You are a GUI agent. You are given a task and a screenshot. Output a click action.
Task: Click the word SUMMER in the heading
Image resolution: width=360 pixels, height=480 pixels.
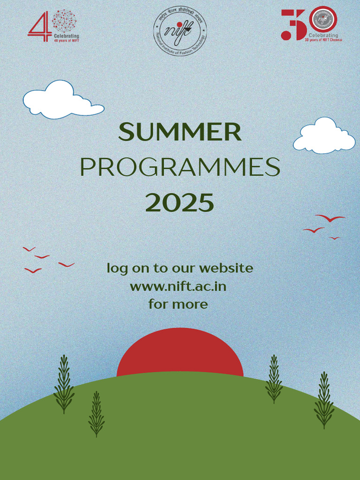coord(180,132)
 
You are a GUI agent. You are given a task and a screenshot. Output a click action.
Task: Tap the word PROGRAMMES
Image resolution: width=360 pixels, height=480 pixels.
coord(180,167)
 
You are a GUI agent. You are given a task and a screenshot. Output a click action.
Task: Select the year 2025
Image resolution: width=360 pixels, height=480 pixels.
coord(180,202)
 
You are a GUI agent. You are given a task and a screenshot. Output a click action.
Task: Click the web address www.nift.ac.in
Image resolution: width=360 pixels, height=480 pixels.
coord(178,286)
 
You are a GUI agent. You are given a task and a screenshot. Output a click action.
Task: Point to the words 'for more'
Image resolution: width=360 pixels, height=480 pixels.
coord(178,304)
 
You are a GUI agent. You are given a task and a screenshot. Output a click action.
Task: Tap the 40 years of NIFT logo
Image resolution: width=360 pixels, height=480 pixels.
coord(52,26)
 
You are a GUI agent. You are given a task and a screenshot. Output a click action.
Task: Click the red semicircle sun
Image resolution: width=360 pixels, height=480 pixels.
coord(180,352)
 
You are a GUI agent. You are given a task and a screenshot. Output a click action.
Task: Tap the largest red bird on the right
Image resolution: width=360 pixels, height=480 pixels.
coord(330,218)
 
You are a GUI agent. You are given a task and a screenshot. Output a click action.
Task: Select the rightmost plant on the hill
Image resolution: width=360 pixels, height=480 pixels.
coord(323,400)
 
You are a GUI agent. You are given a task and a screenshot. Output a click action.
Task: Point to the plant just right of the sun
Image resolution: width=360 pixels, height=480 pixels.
coord(274,379)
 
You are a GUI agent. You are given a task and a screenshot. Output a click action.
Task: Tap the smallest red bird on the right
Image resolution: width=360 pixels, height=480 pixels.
coord(334,238)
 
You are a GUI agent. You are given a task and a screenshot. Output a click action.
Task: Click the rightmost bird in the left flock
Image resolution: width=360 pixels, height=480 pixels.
coord(66,265)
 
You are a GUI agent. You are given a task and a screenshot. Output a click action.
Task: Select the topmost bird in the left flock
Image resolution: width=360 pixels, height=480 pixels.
coord(29,249)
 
